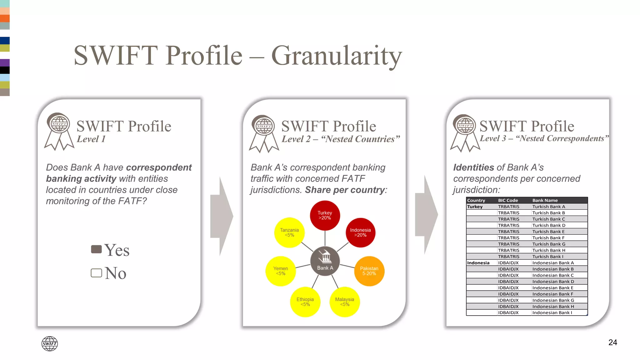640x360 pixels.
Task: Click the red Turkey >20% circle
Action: click(325, 215)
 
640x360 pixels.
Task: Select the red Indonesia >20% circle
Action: click(360, 232)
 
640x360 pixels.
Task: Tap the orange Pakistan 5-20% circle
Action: click(369, 271)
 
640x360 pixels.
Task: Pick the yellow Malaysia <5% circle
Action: click(344, 302)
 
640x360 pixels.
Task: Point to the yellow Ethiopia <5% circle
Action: click(305, 302)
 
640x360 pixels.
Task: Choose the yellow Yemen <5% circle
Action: click(280, 271)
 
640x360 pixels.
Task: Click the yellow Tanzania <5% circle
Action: click(289, 232)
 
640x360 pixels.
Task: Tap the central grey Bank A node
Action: click(325, 261)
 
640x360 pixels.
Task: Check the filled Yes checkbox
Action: click(96, 249)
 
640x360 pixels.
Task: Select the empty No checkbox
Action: click(96, 273)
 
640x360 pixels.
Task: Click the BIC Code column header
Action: click(508, 200)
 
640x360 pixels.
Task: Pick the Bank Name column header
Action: click(545, 200)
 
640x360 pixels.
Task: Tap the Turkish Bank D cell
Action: click(549, 225)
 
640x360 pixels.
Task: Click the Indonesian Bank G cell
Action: click(553, 300)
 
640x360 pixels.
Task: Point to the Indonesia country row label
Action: click(478, 263)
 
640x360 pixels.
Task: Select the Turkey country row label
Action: click(475, 207)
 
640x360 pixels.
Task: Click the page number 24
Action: click(612, 342)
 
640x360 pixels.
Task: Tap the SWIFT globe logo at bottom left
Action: click(49, 344)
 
